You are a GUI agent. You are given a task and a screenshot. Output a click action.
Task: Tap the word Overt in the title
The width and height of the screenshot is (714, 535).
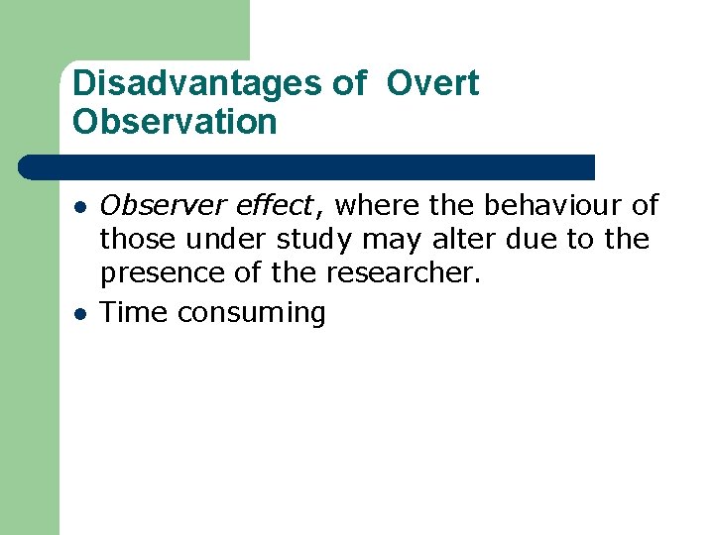432,84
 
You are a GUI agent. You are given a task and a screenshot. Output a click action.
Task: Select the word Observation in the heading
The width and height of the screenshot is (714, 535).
175,123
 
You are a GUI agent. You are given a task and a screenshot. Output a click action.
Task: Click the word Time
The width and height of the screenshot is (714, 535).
135,312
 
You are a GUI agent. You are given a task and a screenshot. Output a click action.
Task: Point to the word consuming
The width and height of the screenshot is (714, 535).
251,313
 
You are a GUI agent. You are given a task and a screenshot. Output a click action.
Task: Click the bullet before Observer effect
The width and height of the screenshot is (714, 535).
78,207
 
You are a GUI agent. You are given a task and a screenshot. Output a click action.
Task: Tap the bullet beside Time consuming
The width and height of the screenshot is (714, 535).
78,314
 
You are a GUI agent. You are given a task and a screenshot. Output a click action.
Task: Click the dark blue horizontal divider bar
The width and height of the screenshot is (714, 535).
307,166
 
